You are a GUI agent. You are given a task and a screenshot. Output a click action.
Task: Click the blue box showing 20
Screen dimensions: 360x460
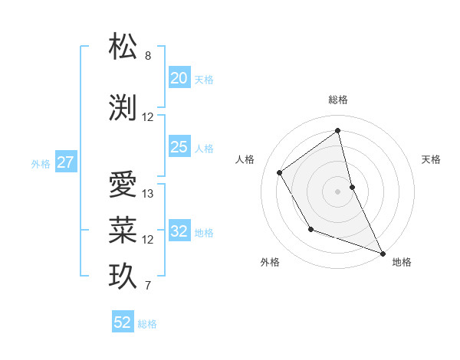pyautogui.click(x=179, y=77)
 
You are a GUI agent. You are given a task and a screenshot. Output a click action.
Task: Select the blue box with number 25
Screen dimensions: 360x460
pyautogui.click(x=179, y=147)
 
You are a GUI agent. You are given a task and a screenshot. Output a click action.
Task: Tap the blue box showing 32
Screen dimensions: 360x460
pyautogui.click(x=179, y=231)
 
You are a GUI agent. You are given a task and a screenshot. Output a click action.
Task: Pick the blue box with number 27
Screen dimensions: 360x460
pyautogui.click(x=66, y=162)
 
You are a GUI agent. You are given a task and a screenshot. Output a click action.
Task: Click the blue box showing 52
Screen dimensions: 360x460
pyautogui.click(x=123, y=322)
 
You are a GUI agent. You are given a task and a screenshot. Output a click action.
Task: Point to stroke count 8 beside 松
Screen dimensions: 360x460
pyautogui.click(x=148, y=57)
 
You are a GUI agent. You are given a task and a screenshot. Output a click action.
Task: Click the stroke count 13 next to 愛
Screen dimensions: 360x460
pyautogui.click(x=148, y=194)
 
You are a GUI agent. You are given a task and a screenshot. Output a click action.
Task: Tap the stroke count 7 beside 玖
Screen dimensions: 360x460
pyautogui.click(x=148, y=286)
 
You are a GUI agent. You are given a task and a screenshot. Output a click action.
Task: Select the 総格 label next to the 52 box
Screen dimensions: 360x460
pyautogui.click(x=147, y=324)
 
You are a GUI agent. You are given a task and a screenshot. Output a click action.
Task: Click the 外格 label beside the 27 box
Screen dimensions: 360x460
pyautogui.click(x=41, y=163)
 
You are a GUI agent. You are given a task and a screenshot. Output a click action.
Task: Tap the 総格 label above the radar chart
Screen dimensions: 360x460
pyautogui.click(x=338, y=100)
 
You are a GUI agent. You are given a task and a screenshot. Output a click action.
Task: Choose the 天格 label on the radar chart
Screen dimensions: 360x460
pyautogui.click(x=432, y=159)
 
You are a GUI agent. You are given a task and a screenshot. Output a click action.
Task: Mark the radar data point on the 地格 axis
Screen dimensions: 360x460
pyautogui.click(x=383, y=254)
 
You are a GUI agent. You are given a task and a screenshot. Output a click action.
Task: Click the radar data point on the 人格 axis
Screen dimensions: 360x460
pyautogui.click(x=280, y=173)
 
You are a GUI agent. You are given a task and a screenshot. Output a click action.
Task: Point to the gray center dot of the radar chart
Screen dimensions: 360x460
pyautogui.click(x=338, y=191)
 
